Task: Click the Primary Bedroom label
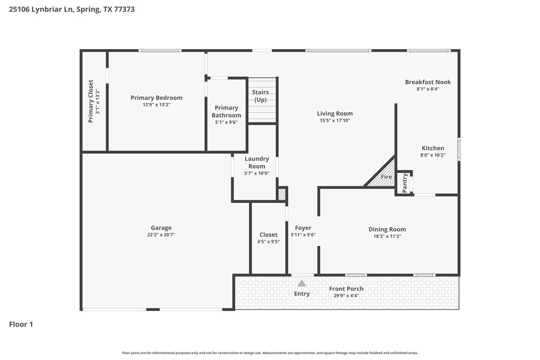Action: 156,98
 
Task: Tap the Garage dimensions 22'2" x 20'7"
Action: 161,235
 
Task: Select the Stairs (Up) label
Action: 260,96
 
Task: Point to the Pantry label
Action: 404,182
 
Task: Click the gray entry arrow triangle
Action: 302,283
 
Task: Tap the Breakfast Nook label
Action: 428,82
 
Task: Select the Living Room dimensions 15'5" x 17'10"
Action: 334,121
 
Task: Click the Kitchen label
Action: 433,148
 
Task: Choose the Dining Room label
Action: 387,229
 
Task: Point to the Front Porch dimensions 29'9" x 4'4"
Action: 346,296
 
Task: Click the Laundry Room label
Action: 256,162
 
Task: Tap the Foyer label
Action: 303,228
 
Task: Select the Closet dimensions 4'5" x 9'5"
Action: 268,242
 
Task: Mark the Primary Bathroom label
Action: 226,112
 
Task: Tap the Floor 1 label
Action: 21,324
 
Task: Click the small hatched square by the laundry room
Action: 281,194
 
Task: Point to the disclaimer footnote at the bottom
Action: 269,352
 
